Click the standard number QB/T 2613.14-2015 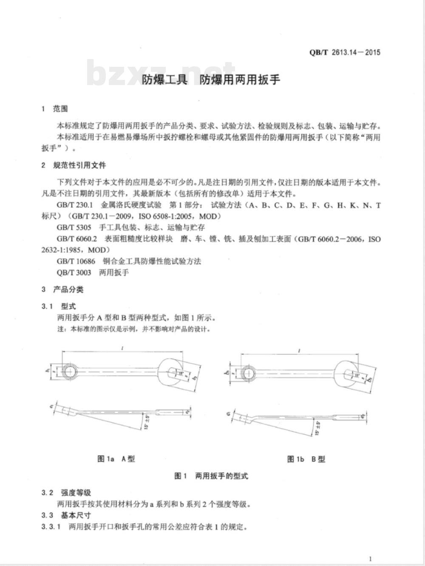coord(345,53)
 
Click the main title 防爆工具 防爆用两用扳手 coord(211,80)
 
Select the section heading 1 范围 coord(55,109)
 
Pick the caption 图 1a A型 coord(116,459)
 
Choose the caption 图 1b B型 coord(306,459)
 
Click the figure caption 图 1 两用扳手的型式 coord(211,476)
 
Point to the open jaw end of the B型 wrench coord(350,375)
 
